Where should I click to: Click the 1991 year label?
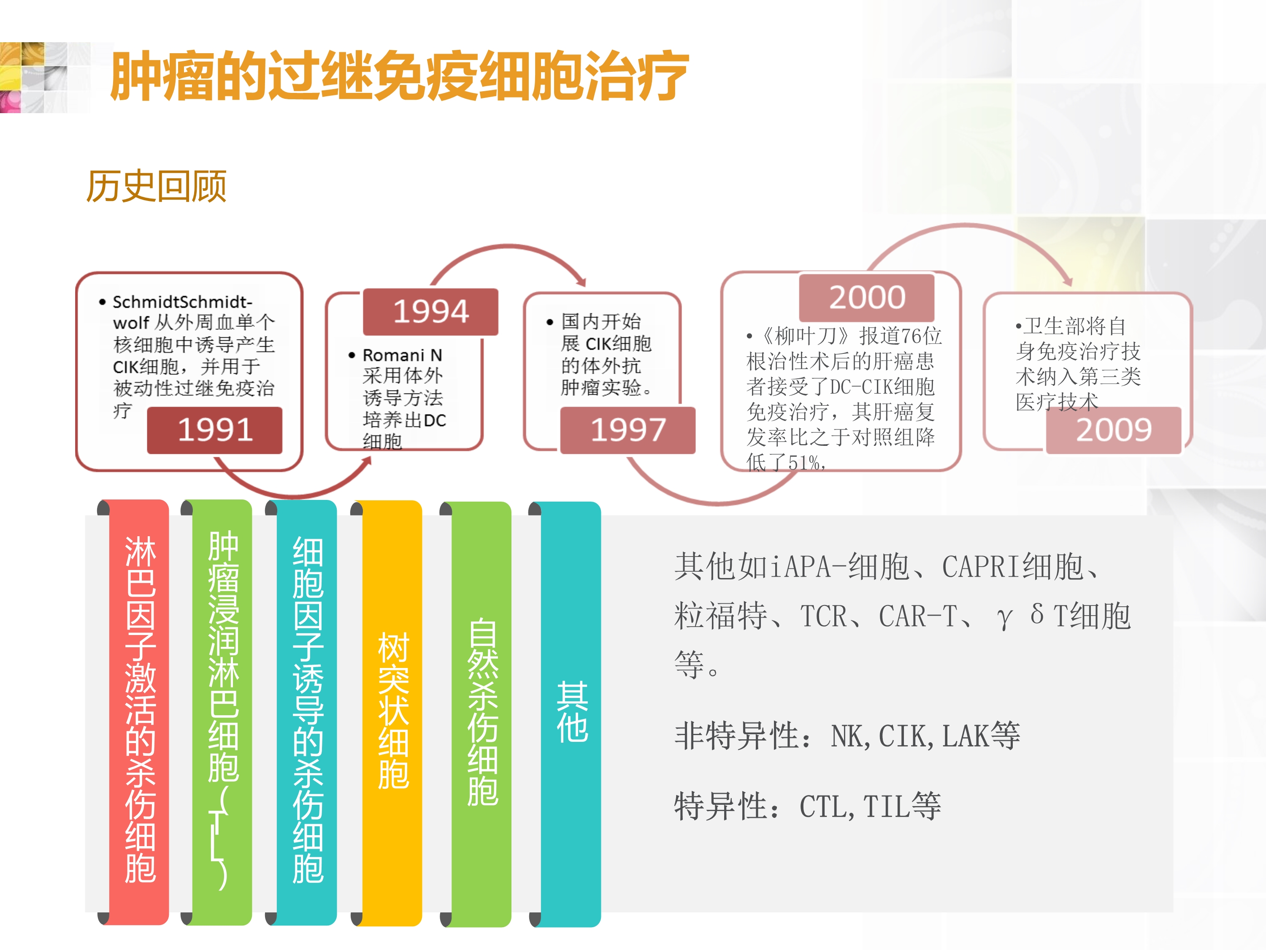(215, 430)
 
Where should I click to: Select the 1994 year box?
(430, 312)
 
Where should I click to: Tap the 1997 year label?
(628, 430)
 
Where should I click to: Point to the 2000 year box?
(866, 298)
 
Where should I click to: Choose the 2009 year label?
(1114, 430)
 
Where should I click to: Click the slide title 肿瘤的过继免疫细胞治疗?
(399, 76)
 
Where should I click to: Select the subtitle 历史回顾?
(156, 186)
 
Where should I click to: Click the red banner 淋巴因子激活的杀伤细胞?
(139, 712)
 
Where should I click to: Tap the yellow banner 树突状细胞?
(392, 712)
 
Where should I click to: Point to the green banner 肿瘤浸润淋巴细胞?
(223, 712)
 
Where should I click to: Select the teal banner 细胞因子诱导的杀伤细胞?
(307, 712)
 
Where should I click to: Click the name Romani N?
(402, 355)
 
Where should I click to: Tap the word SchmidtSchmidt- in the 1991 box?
(183, 302)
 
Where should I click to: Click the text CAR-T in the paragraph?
(917, 616)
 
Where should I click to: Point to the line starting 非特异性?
(847, 736)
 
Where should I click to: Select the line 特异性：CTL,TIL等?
(808, 806)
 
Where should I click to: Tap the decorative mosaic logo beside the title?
(45, 77)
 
